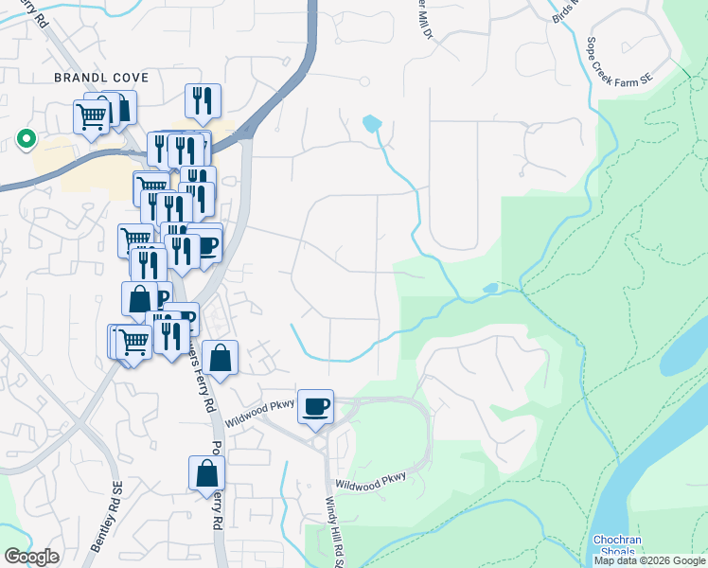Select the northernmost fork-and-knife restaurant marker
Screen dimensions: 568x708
point(203,100)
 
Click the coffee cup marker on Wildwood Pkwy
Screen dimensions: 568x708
point(315,407)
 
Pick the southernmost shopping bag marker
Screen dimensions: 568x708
point(206,474)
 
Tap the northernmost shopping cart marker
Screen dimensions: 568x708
point(91,118)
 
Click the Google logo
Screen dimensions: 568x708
point(30,557)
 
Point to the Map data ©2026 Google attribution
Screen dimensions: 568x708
point(649,560)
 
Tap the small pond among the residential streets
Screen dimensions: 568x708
point(371,123)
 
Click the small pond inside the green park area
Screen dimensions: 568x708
point(489,288)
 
